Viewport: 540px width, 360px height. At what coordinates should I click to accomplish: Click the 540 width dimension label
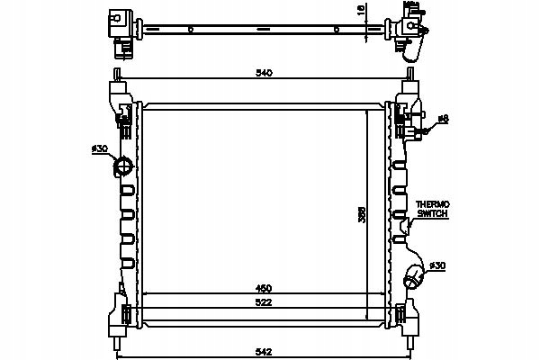point(263,73)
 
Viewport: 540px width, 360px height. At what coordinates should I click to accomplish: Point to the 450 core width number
point(263,288)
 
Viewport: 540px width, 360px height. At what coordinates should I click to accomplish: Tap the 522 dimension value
point(263,301)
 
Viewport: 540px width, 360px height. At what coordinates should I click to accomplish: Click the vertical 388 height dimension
point(364,217)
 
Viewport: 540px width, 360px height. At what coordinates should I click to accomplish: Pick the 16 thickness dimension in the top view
point(360,11)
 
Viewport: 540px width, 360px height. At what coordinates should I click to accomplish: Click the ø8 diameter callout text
point(443,118)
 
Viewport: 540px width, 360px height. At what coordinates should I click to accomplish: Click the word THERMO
point(433,204)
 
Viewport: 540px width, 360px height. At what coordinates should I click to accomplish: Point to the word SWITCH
point(433,214)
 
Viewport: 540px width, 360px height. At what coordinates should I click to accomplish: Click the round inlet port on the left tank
point(122,166)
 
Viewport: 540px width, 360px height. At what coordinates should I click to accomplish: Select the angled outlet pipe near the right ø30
point(414,276)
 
